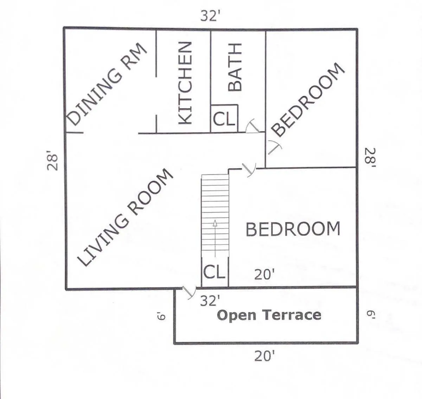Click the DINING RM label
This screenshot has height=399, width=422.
coord(107,84)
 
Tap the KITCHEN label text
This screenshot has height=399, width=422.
coord(185,83)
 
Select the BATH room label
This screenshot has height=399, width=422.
coord(235,67)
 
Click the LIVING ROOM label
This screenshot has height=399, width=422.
coord(126,218)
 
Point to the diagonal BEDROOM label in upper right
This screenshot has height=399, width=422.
coord(308,100)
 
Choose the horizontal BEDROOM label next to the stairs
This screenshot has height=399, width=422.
coord(293,229)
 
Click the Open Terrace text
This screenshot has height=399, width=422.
coord(269,315)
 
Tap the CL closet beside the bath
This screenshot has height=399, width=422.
coord(224,119)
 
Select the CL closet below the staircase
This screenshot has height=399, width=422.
coord(214,272)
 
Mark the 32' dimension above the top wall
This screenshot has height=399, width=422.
coord(210,16)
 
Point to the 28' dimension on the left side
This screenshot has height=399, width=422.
coord(52,161)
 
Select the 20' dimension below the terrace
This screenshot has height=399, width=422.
coord(264,356)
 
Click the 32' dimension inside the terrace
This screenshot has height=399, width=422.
coord(210,301)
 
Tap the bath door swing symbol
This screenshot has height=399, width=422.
coord(253,127)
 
